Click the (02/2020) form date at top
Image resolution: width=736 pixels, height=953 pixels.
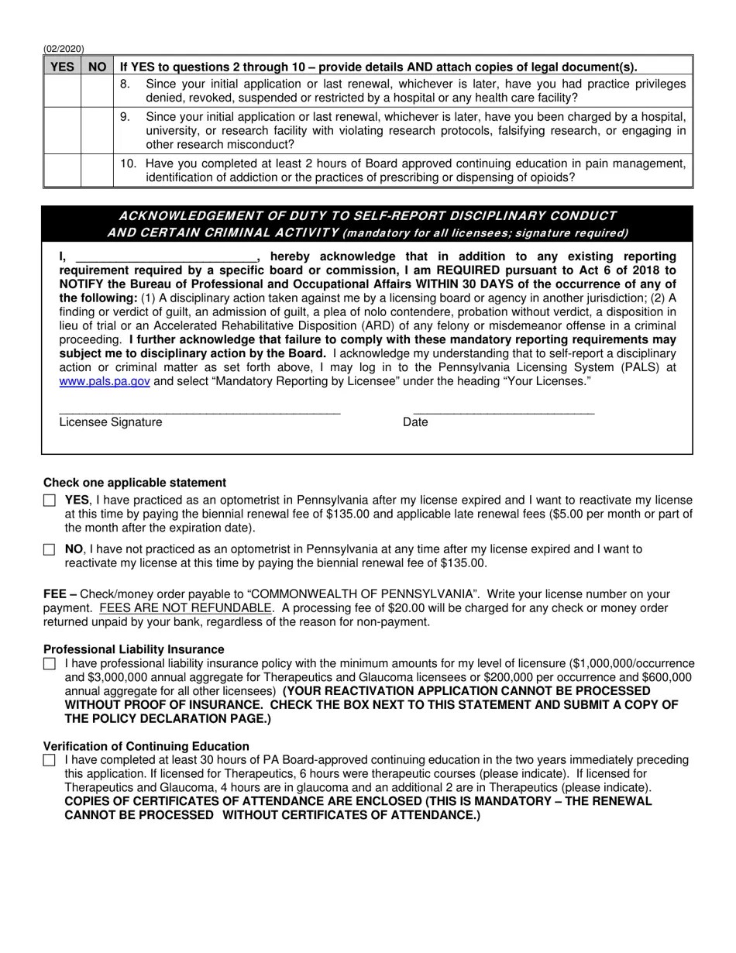coord(64,49)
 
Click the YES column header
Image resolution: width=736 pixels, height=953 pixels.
coord(62,67)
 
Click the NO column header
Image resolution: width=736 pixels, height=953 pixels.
coord(97,67)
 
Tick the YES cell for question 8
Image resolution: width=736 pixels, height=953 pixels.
coord(62,91)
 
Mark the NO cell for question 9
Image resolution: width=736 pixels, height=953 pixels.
coord(97,130)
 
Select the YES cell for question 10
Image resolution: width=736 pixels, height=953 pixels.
coord(62,170)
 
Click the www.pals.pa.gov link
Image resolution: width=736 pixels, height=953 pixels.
coord(105,381)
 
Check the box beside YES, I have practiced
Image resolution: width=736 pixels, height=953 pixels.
coord(50,501)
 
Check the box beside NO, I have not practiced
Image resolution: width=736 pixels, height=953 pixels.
coord(50,549)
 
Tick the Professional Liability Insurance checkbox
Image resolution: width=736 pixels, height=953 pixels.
coord(50,664)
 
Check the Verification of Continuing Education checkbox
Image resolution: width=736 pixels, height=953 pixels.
coord(50,761)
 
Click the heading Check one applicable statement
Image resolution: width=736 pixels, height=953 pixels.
coord(135,483)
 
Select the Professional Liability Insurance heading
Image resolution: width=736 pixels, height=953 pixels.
coord(133,649)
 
